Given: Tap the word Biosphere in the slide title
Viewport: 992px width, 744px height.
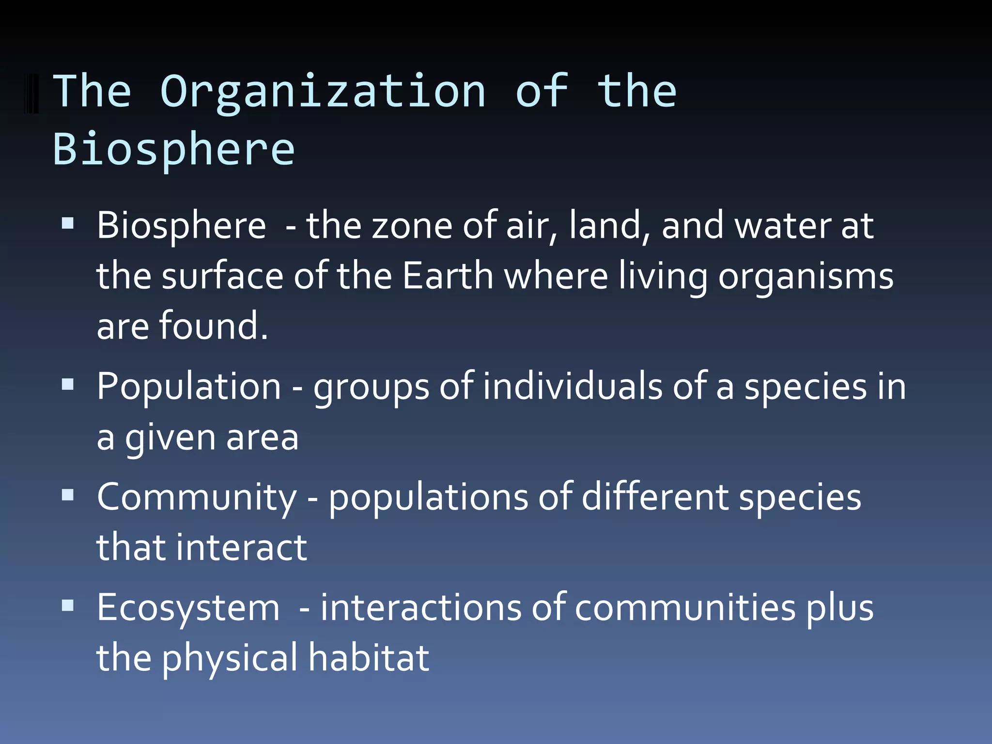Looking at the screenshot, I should [x=173, y=149].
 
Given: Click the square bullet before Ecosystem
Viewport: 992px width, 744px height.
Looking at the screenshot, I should [x=68, y=605].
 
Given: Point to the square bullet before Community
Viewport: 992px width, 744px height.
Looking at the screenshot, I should [x=68, y=495].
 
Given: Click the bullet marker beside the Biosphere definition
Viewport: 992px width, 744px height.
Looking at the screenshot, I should [x=68, y=223].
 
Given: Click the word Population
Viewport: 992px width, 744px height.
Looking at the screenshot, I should [x=189, y=387].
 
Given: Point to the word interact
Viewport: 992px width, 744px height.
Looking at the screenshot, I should [x=241, y=547].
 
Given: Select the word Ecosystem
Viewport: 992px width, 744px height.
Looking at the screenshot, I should [x=188, y=608].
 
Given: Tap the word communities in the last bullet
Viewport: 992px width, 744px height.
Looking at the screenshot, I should [x=685, y=608].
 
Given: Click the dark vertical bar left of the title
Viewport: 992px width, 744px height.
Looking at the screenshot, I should [x=31, y=93].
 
